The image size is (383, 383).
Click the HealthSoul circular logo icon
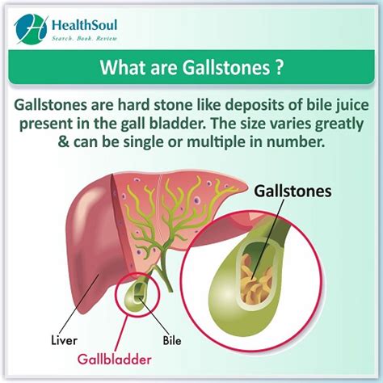point(30,29)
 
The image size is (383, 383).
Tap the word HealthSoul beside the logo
point(84,25)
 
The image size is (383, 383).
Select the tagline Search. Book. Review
point(85,39)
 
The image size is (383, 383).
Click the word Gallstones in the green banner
point(226,67)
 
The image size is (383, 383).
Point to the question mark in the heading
point(280,67)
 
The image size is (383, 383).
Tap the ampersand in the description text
point(64,141)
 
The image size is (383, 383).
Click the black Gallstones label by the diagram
point(293,191)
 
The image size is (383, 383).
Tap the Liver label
point(64,340)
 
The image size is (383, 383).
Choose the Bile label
point(172,340)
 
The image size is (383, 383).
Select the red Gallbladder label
point(115,360)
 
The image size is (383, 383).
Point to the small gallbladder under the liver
point(137,296)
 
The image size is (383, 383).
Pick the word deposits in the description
point(250,106)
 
